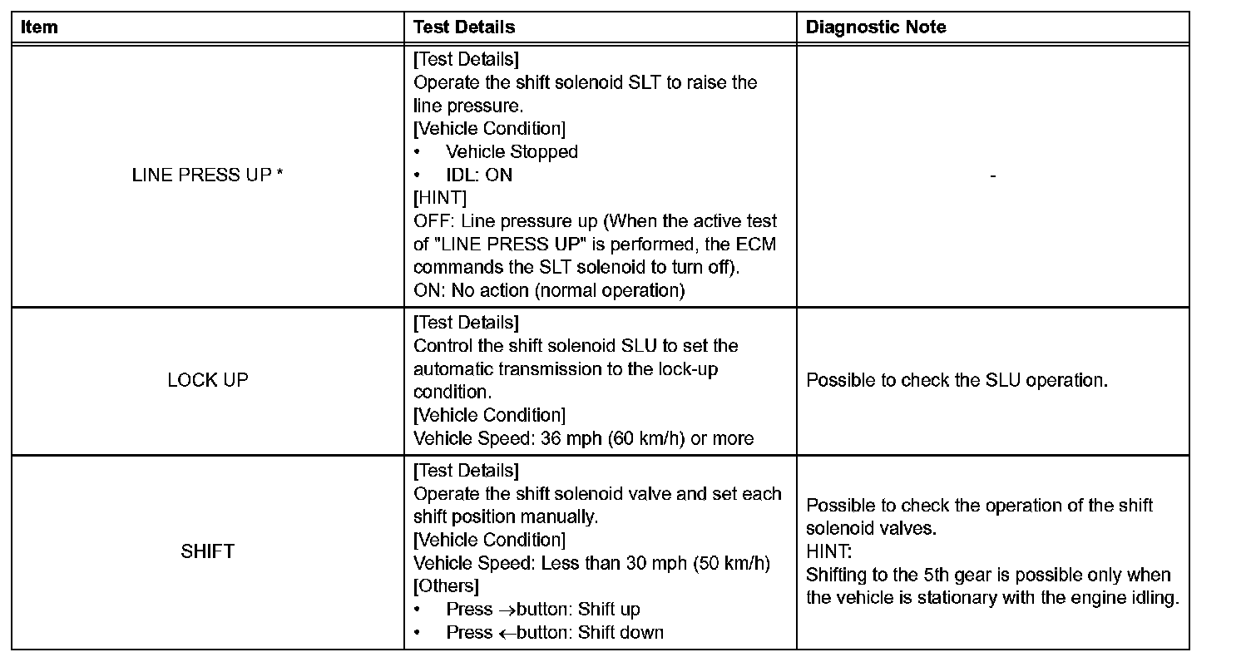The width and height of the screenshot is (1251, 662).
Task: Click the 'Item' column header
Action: [x=39, y=27]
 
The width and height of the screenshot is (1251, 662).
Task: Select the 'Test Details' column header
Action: [x=464, y=27]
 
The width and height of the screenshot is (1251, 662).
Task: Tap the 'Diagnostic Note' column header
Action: [x=876, y=27]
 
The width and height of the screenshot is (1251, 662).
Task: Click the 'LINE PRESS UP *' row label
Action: [x=207, y=175]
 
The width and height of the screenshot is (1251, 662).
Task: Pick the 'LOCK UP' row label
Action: [x=207, y=380]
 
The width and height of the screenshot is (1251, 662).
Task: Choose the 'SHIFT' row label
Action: [x=207, y=551]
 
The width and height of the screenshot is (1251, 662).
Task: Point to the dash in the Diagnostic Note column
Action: [x=993, y=175]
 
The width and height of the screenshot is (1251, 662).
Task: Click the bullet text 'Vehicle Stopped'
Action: [x=512, y=152]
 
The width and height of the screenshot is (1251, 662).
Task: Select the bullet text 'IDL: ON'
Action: [x=479, y=175]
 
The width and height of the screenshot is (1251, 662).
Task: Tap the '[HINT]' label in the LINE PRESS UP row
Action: [x=440, y=198]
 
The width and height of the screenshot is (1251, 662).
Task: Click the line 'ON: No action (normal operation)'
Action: [x=548, y=291]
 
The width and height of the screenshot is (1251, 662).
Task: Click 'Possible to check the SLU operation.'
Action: [x=957, y=380]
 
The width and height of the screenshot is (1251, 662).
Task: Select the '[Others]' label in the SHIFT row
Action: [x=446, y=585]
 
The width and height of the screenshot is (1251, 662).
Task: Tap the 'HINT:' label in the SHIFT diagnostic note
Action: [x=829, y=551]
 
